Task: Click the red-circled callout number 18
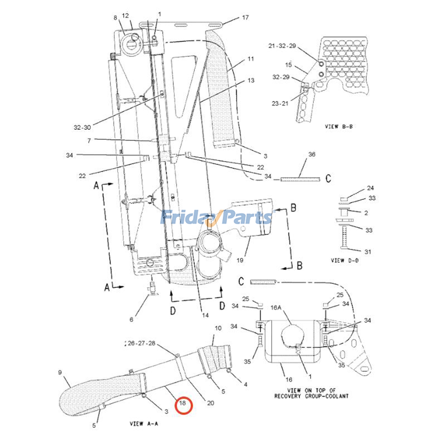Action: [x=182, y=403]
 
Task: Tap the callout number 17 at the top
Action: [x=245, y=17]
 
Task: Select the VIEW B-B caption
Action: [x=339, y=126]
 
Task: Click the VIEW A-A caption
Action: [x=144, y=423]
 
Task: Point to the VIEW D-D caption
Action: [x=345, y=261]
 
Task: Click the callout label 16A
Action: [x=276, y=308]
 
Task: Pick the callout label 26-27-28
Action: [x=141, y=343]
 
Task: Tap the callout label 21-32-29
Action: [x=282, y=46]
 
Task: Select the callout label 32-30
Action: [x=82, y=127]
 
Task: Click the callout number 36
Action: [x=312, y=154]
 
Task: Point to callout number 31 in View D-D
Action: [x=368, y=252]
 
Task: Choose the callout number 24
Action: [x=370, y=188]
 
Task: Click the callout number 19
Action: [x=240, y=260]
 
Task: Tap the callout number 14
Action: [x=205, y=315]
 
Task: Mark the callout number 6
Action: [x=131, y=319]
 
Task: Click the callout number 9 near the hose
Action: [x=60, y=372]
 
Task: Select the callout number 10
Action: [x=218, y=328]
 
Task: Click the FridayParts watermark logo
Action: [x=217, y=217]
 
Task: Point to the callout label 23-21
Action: [x=280, y=103]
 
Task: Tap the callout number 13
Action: [x=251, y=80]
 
